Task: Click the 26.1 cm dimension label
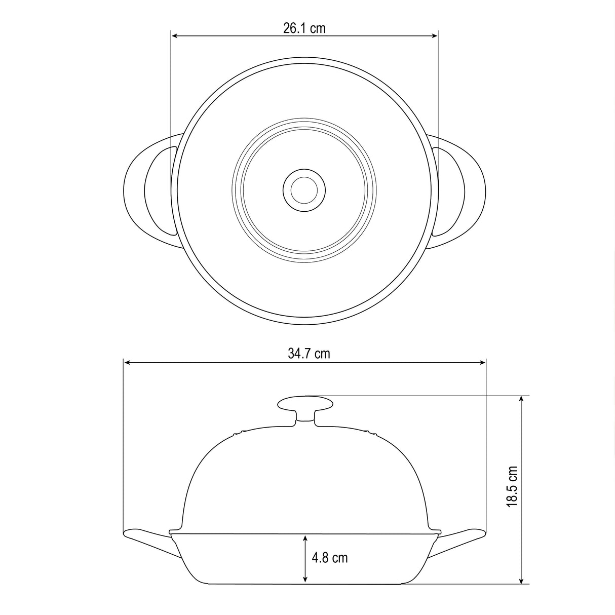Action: pyautogui.click(x=304, y=28)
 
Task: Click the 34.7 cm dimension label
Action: pyautogui.click(x=309, y=354)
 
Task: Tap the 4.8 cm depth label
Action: pyautogui.click(x=330, y=558)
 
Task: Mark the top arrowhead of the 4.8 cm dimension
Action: pyautogui.click(x=305, y=538)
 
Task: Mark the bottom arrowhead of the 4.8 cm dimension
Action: pyautogui.click(x=305, y=580)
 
